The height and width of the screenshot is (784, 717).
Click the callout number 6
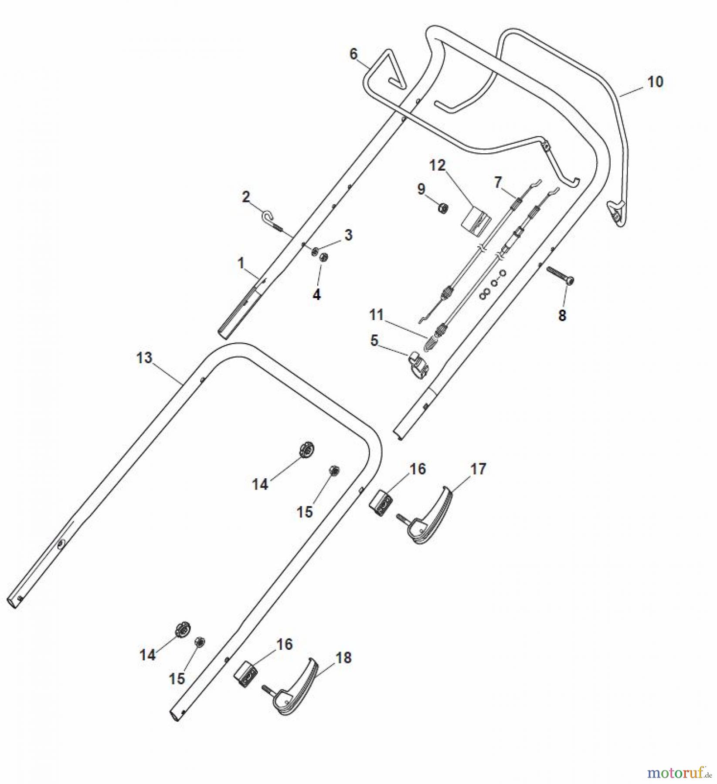pos(353,54)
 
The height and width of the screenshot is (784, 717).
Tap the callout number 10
pos(655,81)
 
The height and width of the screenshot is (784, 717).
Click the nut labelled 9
pos(441,208)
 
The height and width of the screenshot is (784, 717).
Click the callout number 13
pos(144,358)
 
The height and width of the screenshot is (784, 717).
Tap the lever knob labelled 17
pos(432,517)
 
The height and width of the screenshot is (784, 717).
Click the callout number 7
pos(498,182)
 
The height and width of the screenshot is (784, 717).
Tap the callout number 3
pos(348,235)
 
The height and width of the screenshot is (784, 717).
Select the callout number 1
pos(240,263)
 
